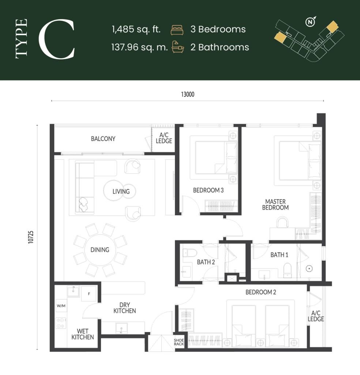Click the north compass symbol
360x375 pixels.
[x=311, y=22]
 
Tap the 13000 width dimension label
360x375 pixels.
[x=187, y=94]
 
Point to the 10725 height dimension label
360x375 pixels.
[x=31, y=238]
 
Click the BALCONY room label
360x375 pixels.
[x=103, y=139]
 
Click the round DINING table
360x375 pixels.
[x=100, y=250]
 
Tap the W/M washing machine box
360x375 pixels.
[x=60, y=305]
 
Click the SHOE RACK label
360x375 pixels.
[x=179, y=342]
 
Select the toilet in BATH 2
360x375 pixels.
[x=191, y=253]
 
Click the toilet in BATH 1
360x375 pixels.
[x=288, y=269]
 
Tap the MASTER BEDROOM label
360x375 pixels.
[x=277, y=204]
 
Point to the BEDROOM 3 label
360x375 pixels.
[x=208, y=190]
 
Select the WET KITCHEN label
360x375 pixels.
[x=83, y=334]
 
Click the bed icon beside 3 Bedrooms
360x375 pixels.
[x=177, y=30]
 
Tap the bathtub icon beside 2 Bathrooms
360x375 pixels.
[x=177, y=47]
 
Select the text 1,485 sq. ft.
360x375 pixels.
[x=136, y=30]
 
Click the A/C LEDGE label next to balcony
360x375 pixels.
[x=164, y=138]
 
